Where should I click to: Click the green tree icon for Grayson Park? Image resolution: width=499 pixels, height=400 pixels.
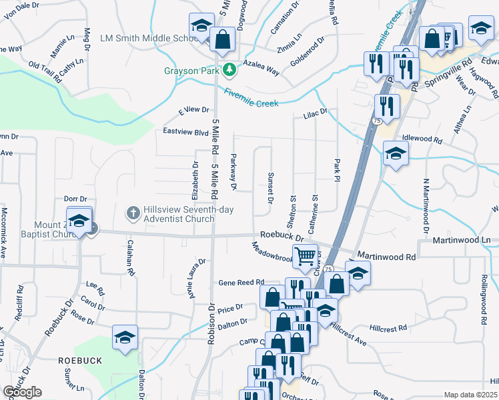(229, 69)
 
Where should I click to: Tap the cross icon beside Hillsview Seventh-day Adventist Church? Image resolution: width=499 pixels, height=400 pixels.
(133, 213)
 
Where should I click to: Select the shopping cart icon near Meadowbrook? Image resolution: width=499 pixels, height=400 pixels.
(305, 255)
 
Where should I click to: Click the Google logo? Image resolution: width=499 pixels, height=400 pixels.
(22, 392)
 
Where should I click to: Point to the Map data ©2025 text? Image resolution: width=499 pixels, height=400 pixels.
(470, 395)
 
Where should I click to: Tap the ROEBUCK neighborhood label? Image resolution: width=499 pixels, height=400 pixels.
(79, 360)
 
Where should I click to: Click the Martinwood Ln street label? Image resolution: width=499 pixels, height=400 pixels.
(461, 239)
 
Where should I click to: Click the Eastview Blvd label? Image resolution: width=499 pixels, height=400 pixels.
(186, 132)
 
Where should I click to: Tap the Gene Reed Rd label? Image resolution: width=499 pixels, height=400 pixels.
(241, 283)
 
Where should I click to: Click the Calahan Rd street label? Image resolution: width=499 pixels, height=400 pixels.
(131, 258)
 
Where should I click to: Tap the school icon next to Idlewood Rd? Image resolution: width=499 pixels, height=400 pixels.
(396, 153)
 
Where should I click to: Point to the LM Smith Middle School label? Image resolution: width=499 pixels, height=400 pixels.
(145, 39)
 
